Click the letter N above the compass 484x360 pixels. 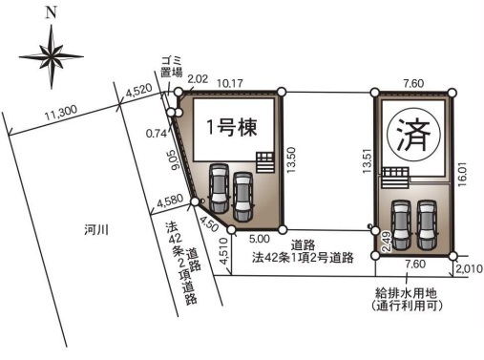[51, 13]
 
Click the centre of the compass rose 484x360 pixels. [51, 57]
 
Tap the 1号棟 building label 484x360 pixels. [232, 127]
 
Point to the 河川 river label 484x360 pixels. [96, 230]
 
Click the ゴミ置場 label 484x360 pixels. [172, 67]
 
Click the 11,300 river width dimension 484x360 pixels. [61, 113]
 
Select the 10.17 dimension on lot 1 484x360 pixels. [230, 84]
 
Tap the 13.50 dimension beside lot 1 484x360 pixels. [291, 159]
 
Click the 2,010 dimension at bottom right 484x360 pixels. [470, 269]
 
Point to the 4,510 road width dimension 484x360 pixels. [223, 251]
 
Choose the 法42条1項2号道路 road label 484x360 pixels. [303, 257]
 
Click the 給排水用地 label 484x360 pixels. [406, 292]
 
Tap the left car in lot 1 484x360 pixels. [219, 188]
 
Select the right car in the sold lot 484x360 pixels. [427, 225]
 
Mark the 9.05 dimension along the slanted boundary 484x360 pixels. [175, 160]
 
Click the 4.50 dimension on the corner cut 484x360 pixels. [207, 223]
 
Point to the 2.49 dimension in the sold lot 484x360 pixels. [386, 243]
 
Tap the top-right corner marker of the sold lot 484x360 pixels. [452, 93]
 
